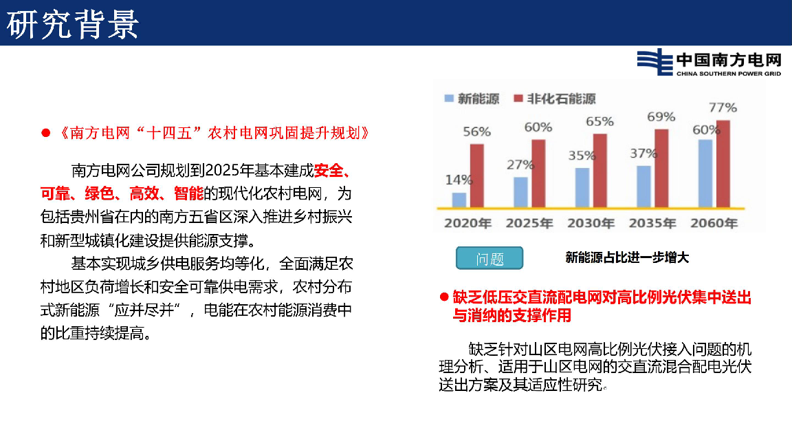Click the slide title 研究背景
(x=73, y=24)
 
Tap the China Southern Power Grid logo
(x=709, y=63)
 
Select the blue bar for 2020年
(x=459, y=200)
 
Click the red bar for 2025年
(x=538, y=173)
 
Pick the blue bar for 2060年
(x=705, y=173)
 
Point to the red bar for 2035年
(x=661, y=169)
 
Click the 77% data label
(x=723, y=107)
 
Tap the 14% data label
(x=459, y=180)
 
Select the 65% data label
(x=599, y=121)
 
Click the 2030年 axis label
(x=591, y=223)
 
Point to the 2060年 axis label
(x=714, y=223)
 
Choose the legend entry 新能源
(x=472, y=98)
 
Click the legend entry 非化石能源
(x=555, y=98)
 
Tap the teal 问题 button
(x=489, y=258)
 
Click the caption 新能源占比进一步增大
(x=627, y=257)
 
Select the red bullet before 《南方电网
(x=45, y=133)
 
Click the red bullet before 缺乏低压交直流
(x=444, y=297)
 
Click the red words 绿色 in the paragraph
(x=99, y=193)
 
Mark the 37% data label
(x=643, y=153)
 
